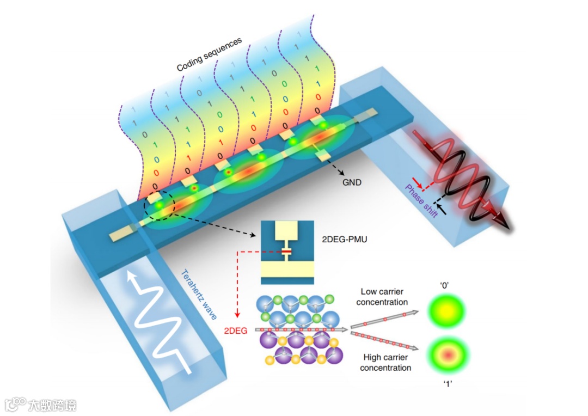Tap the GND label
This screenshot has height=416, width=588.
tap(351, 182)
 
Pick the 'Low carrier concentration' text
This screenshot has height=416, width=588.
tap(384, 297)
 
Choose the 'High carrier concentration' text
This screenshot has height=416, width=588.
tap(385, 362)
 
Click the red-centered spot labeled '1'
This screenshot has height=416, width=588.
tap(448, 355)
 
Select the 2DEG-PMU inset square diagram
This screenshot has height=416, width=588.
tap(287, 252)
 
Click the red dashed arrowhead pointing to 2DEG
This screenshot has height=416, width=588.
tap(238, 315)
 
